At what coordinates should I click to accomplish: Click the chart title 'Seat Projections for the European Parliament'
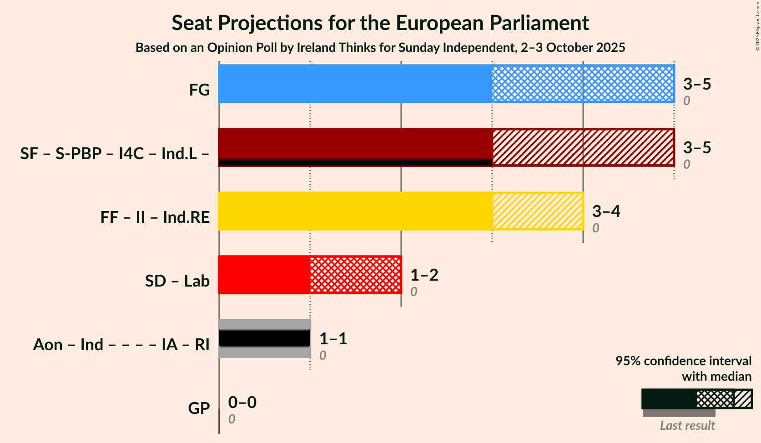[380, 23]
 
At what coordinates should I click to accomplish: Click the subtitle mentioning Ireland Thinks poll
[380, 48]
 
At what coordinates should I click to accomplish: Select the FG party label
[199, 90]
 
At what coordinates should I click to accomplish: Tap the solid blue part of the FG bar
[355, 84]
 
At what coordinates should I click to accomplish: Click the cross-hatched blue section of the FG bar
[582, 84]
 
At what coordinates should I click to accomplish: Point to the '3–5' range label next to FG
[697, 84]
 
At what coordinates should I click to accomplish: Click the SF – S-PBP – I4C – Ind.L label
[115, 154]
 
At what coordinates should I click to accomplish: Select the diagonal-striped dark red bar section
[582, 147]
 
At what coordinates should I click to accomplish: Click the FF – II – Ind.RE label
[155, 217]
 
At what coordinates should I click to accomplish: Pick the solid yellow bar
[355, 211]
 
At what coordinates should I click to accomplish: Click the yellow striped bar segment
[537, 211]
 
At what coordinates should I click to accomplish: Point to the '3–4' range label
[606, 211]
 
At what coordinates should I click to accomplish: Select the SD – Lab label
[177, 281]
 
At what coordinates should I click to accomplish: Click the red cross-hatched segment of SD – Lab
[355, 275]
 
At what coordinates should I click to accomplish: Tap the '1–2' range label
[424, 275]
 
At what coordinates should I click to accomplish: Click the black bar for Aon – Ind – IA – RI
[264, 338]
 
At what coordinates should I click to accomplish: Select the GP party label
[199, 408]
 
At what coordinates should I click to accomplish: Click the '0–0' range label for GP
[242, 403]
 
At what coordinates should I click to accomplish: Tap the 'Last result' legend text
[687, 426]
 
